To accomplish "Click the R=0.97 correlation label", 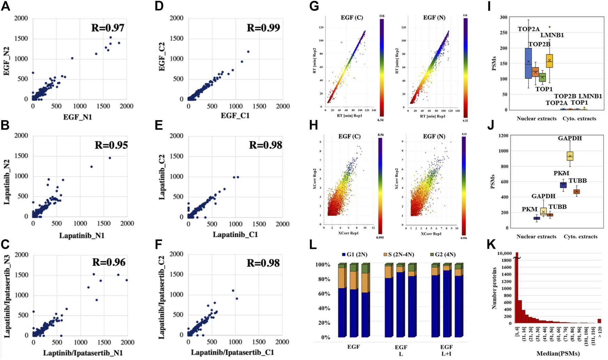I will tap(108, 28).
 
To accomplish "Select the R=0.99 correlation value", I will tap(263, 28).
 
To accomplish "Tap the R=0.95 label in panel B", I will tap(111, 145).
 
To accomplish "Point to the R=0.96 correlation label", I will tap(109, 263).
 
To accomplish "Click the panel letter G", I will tap(314, 7).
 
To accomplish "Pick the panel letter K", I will tap(491, 244).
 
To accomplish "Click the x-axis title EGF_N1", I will tap(78, 117).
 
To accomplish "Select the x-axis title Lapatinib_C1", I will tap(235, 235).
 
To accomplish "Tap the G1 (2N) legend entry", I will tap(355, 255).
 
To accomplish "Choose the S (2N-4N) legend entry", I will tap(399, 255).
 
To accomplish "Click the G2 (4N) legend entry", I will tap(443, 255).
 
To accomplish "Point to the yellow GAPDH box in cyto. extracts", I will tap(570, 156).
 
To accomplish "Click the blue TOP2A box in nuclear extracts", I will tap(528, 63).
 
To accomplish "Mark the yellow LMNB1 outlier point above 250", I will tap(549, 27).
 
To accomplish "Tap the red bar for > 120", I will tap(599, 321).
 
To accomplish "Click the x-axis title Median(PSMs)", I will tap(558, 354).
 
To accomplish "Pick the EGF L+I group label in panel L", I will tap(446, 350).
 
